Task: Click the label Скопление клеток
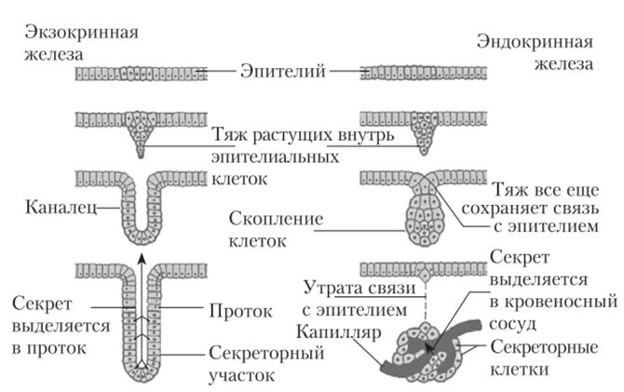(277, 229)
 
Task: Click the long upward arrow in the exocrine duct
(140, 307)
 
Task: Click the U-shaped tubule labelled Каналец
(140, 210)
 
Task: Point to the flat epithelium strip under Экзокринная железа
(140, 73)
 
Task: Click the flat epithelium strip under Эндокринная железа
(424, 73)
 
